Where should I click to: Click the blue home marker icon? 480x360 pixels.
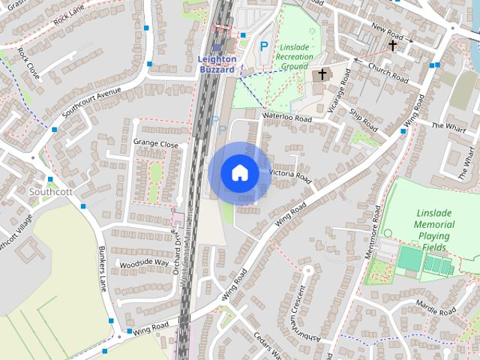point(239,173)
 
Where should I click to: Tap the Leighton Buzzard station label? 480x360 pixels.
point(217,64)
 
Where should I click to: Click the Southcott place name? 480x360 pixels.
point(49,191)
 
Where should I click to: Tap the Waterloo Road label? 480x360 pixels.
point(287,118)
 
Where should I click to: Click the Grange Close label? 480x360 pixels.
point(155,143)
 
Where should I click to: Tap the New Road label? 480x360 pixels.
point(387,35)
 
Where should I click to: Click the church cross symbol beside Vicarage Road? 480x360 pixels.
point(322,74)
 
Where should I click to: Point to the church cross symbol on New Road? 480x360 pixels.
point(392,46)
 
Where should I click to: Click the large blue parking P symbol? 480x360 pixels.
point(264,46)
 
